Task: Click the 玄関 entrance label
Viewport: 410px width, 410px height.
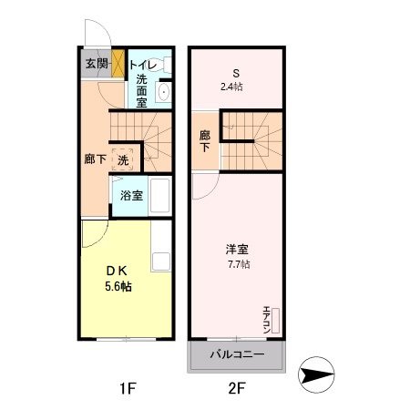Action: pos(96,64)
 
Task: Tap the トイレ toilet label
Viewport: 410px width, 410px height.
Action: pos(141,64)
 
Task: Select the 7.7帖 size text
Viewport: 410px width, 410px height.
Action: pos(239,264)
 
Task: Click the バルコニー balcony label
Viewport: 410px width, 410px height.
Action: pos(236,354)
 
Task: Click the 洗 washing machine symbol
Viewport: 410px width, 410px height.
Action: pos(123,159)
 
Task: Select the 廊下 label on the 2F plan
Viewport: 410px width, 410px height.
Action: pos(205,142)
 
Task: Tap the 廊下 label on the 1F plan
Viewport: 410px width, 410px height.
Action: pos(95,159)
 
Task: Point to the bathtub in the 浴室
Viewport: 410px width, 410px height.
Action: pos(159,194)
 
